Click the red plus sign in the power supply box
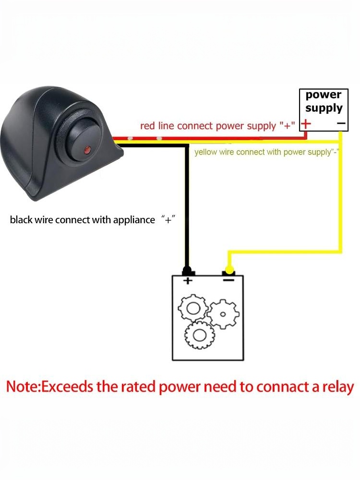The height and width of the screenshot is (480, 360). (x=306, y=124)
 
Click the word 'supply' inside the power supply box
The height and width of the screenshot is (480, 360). (x=324, y=108)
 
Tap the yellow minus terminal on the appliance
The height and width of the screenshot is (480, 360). (x=229, y=272)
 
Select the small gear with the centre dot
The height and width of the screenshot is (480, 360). (x=222, y=314)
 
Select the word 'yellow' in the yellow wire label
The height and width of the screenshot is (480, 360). (x=206, y=153)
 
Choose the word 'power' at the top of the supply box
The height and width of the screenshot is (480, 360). (x=324, y=95)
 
